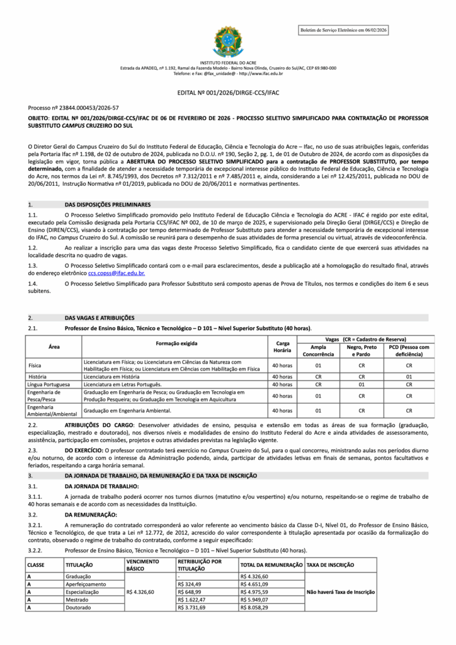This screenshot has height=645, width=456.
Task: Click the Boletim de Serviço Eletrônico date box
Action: (x=344, y=30)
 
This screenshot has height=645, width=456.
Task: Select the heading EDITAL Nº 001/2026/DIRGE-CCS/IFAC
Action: (x=228, y=93)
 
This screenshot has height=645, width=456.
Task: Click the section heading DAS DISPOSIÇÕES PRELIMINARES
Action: (x=108, y=205)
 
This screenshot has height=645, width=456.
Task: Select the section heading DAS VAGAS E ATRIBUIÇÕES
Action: (x=100, y=317)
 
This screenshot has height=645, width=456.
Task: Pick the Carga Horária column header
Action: (x=282, y=346)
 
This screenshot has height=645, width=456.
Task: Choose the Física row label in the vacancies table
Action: (x=35, y=365)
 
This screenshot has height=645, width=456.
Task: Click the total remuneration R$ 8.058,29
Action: (x=254, y=607)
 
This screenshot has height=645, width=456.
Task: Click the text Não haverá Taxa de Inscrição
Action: (x=341, y=592)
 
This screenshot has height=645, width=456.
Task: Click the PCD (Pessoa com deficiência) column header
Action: (x=409, y=350)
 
